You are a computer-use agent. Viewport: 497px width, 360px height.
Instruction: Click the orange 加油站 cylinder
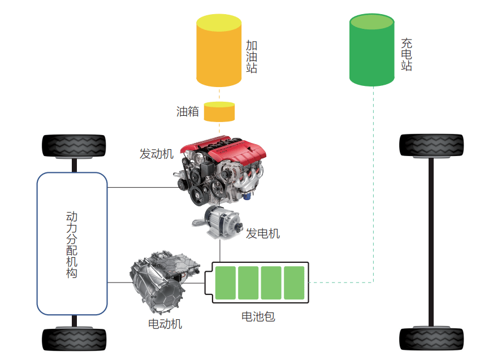pos(219,51)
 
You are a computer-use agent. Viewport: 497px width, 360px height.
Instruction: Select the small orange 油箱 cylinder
pos(219,112)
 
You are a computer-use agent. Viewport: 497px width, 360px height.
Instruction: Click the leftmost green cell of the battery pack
pos(226,283)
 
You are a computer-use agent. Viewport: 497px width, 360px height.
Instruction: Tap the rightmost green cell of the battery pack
pos(294,283)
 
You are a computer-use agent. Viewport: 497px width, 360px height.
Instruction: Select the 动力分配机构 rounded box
pos(72,243)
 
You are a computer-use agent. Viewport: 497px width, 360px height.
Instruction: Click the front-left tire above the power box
pos(75,146)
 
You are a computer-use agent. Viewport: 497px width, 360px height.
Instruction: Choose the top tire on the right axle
pos(431,145)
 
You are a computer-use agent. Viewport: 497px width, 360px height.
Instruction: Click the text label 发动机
pos(157,154)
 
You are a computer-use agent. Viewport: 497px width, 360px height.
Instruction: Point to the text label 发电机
pos(262,233)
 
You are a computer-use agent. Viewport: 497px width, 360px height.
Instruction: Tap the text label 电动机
pos(165,324)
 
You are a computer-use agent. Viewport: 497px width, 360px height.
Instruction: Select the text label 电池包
pos(258,316)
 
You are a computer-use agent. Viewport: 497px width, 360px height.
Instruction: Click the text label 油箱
pos(188,112)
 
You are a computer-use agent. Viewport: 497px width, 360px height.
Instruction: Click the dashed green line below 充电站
pos(373,181)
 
